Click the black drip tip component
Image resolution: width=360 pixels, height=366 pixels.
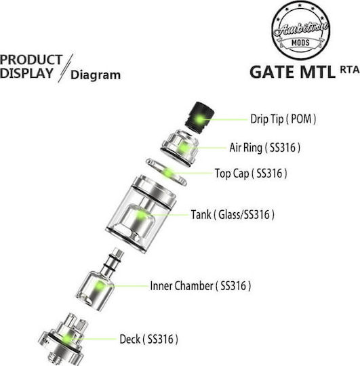199,118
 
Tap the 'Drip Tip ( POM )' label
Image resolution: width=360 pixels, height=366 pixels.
283,119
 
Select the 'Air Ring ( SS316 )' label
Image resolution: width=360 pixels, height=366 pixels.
265,148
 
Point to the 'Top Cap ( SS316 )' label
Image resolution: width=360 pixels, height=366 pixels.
251,174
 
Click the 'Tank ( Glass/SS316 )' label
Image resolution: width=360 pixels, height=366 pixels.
233,214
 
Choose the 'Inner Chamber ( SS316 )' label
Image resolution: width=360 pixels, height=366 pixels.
200,286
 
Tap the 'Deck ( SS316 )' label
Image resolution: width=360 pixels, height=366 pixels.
148,339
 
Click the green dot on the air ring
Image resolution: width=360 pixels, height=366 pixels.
184,148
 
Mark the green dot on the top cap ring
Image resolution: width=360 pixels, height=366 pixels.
168,174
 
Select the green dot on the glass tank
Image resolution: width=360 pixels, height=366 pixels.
141,215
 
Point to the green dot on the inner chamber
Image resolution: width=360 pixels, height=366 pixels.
100,286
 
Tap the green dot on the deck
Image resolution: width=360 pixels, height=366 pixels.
68,339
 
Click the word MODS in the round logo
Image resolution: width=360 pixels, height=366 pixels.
300,43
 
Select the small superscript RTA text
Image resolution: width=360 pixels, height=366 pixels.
350,70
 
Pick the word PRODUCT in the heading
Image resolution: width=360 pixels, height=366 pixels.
31,60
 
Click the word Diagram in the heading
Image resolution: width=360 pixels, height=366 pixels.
96,75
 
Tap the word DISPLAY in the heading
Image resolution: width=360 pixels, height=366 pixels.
26,73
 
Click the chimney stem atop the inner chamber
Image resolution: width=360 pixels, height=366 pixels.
112,261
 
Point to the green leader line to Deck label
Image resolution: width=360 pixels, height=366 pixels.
94,339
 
